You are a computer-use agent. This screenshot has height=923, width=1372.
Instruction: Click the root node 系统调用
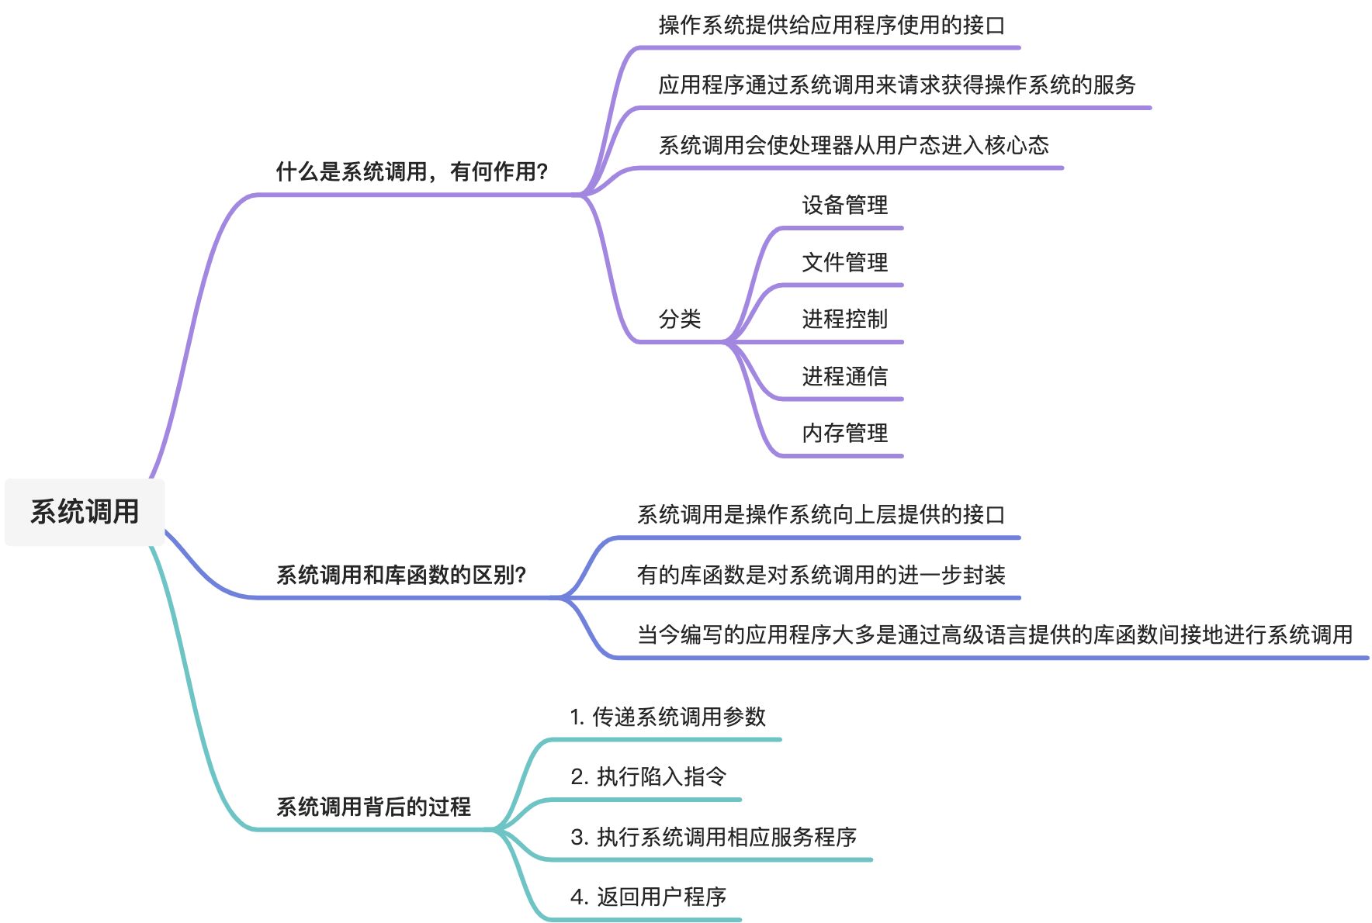[85, 512]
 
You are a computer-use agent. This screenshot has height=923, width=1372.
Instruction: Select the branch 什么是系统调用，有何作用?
[412, 171]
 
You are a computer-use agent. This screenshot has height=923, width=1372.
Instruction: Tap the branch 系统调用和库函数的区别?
[401, 575]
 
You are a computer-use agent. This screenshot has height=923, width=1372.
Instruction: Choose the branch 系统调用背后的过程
[373, 807]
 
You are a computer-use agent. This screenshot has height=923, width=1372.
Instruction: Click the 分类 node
[679, 319]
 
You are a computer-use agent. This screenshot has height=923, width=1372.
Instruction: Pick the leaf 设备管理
[844, 205]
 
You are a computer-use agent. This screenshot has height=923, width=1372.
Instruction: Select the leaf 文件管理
[844, 262]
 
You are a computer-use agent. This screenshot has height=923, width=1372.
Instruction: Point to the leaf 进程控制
[844, 319]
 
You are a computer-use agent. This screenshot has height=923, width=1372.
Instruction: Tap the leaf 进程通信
[844, 376]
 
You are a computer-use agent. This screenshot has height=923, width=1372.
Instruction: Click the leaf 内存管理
[844, 433]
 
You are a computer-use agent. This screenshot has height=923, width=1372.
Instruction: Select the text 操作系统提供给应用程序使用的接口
[831, 25]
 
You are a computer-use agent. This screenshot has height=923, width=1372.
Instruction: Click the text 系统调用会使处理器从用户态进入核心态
[853, 145]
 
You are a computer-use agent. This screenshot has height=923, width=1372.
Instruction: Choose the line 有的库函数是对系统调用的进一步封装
[820, 575]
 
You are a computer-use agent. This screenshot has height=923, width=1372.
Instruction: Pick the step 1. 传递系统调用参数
[667, 717]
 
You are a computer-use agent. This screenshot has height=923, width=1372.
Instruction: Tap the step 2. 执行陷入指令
[648, 776]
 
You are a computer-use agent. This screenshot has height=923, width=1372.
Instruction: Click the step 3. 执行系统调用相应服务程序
[713, 837]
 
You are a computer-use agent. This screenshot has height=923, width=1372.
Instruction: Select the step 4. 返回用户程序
[648, 897]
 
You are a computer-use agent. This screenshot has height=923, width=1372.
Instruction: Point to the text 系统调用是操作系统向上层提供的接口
[820, 514]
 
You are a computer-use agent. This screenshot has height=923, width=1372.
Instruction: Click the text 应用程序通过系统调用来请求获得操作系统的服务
[896, 85]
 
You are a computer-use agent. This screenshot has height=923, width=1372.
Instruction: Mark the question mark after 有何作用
[542, 171]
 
